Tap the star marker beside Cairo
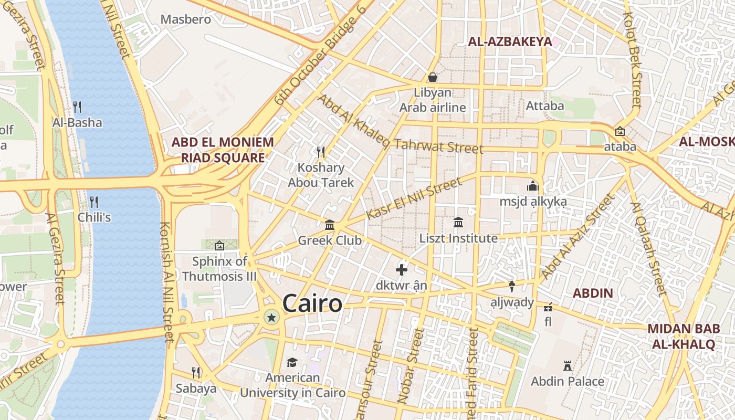[271, 317]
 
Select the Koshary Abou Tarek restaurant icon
[321, 152]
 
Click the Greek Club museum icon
[330, 225]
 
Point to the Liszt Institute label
[458, 238]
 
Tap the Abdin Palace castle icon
[567, 365]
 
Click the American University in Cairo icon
[292, 362]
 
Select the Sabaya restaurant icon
[196, 373]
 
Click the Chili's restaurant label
[94, 217]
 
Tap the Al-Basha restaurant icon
[77, 107]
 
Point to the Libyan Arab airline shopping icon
[432, 77]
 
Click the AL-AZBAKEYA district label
[509, 42]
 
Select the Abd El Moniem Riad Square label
[223, 150]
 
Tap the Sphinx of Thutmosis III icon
[219, 245]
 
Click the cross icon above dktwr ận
[402, 270]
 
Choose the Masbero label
[185, 19]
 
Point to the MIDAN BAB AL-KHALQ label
[683, 337]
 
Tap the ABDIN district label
[593, 293]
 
